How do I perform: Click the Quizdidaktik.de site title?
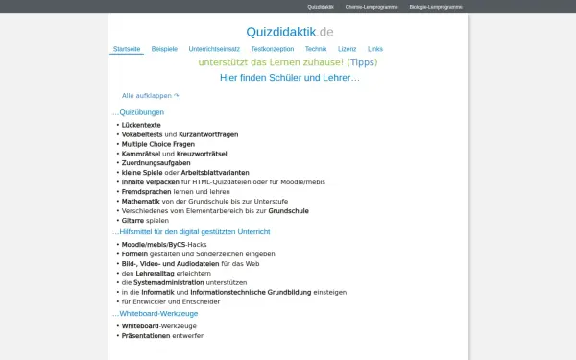pos(289,31)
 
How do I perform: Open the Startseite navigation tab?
pos(127,48)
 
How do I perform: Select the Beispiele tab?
pos(164,48)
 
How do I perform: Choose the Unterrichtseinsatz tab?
pos(215,48)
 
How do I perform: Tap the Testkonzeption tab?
pos(273,48)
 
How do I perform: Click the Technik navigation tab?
pos(316,48)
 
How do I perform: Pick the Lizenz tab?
pos(347,48)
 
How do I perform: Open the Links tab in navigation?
pos(374,48)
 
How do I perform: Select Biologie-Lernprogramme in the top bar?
pos(435,7)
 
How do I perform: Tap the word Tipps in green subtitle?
pos(362,62)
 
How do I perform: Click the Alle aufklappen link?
pos(150,96)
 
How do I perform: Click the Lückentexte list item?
pos(141,126)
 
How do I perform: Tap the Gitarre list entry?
pos(133,220)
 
